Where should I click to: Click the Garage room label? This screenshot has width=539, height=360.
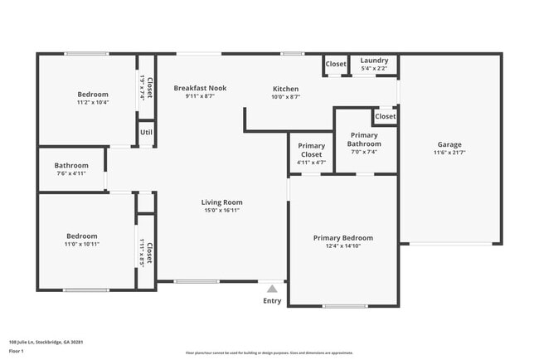tap(449, 144)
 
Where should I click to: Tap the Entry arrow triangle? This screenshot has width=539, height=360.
tap(272, 289)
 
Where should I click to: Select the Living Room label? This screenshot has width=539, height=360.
tap(221, 202)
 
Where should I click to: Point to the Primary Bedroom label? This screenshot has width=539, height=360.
tap(342, 238)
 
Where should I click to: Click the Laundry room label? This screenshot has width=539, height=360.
tap(374, 61)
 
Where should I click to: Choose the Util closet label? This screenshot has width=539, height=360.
tap(146, 132)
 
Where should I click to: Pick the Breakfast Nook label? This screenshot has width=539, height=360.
tap(200, 88)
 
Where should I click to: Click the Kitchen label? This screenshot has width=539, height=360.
tap(286, 89)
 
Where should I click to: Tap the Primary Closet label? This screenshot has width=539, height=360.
tap(311, 150)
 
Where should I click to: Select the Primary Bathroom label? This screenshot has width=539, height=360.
tap(364, 139)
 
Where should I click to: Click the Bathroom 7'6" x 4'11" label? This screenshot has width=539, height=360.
tap(70, 164)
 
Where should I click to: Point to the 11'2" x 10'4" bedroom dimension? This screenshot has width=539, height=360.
tap(93, 102)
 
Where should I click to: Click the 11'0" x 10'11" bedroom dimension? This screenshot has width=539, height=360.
tap(82, 244)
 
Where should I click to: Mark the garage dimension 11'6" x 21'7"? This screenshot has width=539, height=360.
tap(449, 153)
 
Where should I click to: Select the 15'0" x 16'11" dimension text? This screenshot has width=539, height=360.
tap(221, 211)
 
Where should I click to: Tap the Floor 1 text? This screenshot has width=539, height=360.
tap(17, 351)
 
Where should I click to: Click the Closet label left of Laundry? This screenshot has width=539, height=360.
tap(336, 64)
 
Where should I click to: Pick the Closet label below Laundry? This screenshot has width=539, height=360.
tap(385, 117)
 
